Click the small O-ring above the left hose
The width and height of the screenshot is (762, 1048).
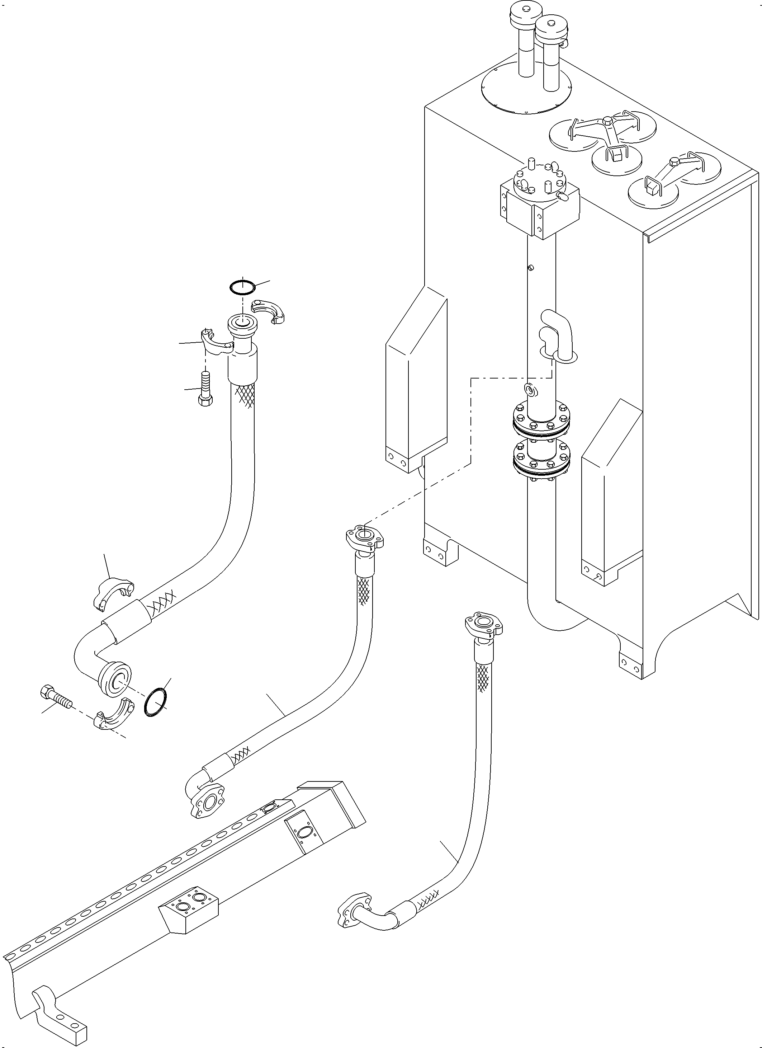pyautogui.click(x=242, y=287)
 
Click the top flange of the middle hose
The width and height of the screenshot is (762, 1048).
pyautogui.click(x=365, y=537)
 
